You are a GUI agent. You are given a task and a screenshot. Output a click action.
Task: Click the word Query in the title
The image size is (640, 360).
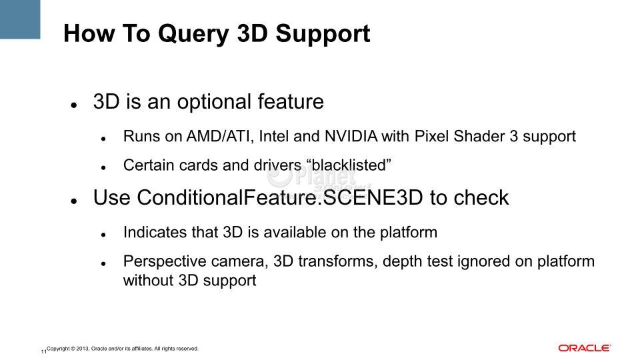click(x=193, y=34)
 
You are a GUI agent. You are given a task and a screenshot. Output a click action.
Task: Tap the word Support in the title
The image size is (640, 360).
click(x=323, y=34)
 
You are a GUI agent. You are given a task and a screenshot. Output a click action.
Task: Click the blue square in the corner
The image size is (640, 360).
click(x=20, y=19)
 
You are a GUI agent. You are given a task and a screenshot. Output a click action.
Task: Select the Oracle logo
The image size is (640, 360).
click(x=585, y=348)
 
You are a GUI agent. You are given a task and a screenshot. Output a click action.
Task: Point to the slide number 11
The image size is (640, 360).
click(x=43, y=351)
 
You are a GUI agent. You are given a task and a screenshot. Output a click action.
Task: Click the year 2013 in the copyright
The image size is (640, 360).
click(x=83, y=349)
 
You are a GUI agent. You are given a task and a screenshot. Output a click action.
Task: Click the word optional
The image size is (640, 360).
click(x=214, y=102)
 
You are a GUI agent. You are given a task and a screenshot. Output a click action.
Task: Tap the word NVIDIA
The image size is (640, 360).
click(x=351, y=136)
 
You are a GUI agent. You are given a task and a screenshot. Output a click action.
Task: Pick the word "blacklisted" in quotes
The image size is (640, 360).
click(x=349, y=165)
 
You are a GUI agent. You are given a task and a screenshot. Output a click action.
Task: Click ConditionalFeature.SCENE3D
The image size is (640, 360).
click(x=280, y=198)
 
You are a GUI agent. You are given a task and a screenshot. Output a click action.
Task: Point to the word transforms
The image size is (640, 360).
click(x=338, y=261)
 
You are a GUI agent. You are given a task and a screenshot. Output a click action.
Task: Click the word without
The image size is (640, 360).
click(x=149, y=281)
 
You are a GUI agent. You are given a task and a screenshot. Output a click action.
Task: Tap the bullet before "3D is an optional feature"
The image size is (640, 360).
click(x=74, y=105)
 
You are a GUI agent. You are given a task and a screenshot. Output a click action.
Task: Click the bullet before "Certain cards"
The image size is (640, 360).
click(x=104, y=168)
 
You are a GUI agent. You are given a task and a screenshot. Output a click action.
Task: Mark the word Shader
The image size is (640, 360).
click(x=479, y=136)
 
